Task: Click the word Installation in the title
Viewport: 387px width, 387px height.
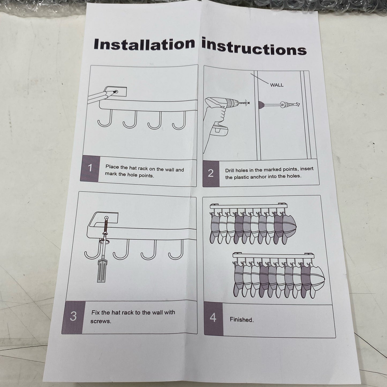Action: coord(144,44)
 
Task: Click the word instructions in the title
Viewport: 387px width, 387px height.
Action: coord(254,47)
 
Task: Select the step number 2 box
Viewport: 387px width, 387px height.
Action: coord(211,173)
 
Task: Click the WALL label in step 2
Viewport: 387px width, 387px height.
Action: coord(277,85)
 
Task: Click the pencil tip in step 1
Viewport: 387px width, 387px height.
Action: coord(115,92)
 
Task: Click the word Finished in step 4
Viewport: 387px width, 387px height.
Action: coord(242,320)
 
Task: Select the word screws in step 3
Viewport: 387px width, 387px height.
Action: coord(101,321)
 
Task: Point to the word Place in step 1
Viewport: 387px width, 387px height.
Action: coord(112,167)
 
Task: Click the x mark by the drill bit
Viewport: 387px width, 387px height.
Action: coord(249,103)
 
